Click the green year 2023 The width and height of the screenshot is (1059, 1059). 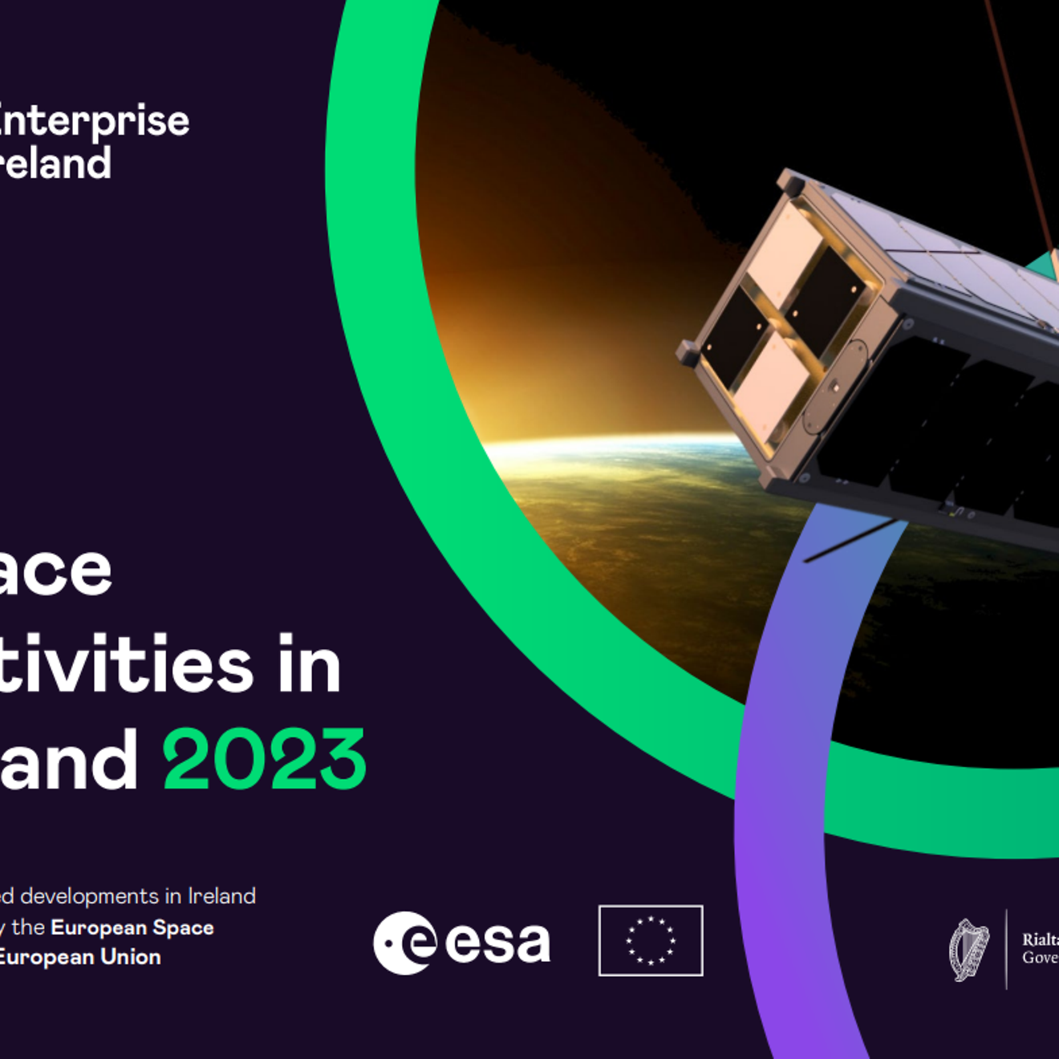click(x=264, y=759)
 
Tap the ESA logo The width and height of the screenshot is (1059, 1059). click(x=461, y=942)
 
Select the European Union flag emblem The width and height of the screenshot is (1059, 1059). click(x=651, y=940)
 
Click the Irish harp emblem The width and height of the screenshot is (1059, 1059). click(x=968, y=950)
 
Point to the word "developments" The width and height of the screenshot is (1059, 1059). click(x=89, y=896)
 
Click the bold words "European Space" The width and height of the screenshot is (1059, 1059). click(x=132, y=927)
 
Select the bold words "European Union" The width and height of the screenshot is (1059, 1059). click(x=79, y=957)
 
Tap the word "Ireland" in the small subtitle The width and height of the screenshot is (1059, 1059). click(x=221, y=896)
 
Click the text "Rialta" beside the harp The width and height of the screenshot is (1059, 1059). click(x=1040, y=939)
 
